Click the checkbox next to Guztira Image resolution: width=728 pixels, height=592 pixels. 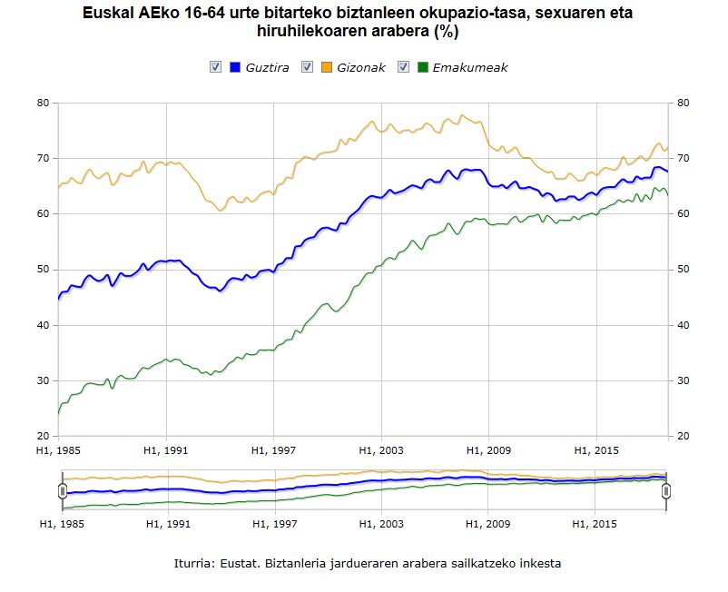[215, 67]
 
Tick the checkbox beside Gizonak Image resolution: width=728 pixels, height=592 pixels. [307, 67]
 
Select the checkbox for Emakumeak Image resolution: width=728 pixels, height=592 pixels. [404, 67]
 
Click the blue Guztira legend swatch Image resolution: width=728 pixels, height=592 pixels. [235, 67]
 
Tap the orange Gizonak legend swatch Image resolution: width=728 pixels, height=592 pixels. [327, 67]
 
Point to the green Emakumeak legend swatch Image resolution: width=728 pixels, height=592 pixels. [423, 67]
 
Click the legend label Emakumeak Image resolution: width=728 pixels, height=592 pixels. [470, 68]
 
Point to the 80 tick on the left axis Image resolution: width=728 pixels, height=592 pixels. [43, 103]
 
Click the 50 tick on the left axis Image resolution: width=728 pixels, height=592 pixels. [43, 270]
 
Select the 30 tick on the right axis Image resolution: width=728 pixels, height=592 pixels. [684, 380]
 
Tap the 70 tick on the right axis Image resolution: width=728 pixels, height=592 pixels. [684, 159]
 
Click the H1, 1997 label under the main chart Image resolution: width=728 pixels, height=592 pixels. [274, 449]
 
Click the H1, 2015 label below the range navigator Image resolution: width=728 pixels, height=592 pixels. [595, 524]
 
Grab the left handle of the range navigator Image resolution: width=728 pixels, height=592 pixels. [63, 491]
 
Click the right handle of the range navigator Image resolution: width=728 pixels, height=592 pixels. [666, 491]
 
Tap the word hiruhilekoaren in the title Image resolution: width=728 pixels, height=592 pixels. [305, 33]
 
